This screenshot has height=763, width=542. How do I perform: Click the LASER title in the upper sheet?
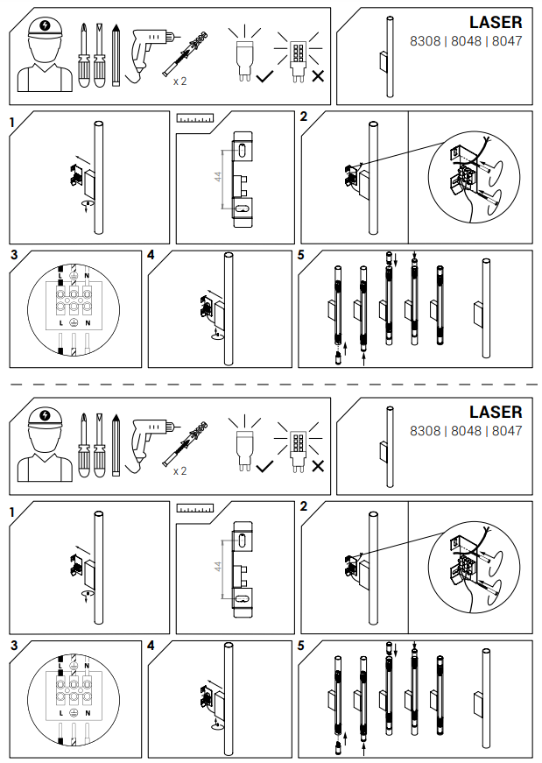(496, 23)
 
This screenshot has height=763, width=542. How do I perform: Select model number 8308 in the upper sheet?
(425, 41)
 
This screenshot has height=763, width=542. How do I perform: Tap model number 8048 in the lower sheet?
(466, 431)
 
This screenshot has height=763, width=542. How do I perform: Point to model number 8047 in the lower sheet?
(507, 431)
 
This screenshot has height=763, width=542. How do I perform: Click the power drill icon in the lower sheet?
(151, 445)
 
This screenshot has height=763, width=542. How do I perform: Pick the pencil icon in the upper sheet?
(116, 55)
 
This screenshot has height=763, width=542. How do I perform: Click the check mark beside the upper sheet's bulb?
(264, 76)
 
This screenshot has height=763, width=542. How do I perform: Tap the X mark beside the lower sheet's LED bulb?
(318, 466)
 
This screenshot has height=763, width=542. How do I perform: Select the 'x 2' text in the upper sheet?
(179, 81)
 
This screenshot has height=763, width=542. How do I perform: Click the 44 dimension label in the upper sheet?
(218, 176)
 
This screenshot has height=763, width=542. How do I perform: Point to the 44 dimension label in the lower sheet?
(218, 567)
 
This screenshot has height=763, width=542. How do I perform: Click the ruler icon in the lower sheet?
(194, 508)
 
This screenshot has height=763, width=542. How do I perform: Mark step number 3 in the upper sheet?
(14, 255)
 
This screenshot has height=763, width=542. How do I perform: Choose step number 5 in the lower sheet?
(300, 646)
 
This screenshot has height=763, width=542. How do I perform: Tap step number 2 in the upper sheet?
(304, 117)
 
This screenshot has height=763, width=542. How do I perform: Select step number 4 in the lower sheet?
(151, 646)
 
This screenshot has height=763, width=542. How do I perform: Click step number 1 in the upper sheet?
(12, 123)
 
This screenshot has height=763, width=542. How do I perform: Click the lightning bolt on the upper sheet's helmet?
(46, 25)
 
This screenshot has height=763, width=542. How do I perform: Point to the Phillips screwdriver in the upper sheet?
(84, 55)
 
